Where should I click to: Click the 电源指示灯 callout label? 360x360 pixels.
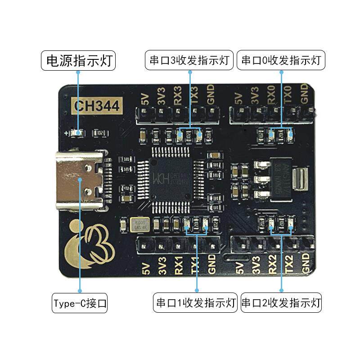pyautogui.click(x=78, y=60)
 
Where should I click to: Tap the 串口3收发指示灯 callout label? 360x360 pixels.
pyautogui.click(x=189, y=60)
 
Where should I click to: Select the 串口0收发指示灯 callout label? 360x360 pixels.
pyautogui.click(x=281, y=60)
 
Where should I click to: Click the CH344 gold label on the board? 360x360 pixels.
pyautogui.click(x=97, y=106)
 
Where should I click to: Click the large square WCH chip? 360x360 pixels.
pyautogui.click(x=172, y=179)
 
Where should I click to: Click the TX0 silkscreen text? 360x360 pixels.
pyautogui.click(x=288, y=96)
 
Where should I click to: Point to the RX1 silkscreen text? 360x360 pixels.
pyautogui.click(x=179, y=268)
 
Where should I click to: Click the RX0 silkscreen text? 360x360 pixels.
pyautogui.click(x=271, y=96)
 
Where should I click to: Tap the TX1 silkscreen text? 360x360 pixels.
pyautogui.click(x=195, y=268)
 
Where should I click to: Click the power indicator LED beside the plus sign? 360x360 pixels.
pyautogui.click(x=80, y=133)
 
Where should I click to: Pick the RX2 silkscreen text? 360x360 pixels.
pyautogui.click(x=272, y=268)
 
